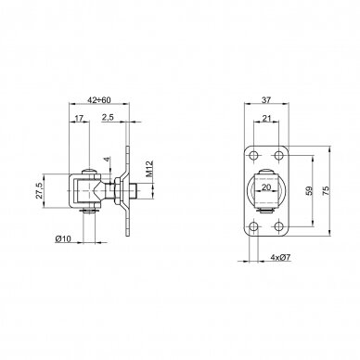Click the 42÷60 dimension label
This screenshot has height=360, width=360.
click(99, 100)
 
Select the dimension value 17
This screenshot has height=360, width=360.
click(79, 118)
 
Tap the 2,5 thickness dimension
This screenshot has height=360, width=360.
click(108, 117)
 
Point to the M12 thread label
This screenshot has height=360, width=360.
click(149, 169)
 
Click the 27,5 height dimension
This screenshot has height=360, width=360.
click(39, 190)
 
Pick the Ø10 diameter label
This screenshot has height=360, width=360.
click(63, 238)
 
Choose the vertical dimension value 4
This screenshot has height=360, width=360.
click(107, 159)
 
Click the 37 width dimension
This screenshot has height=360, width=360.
click(266, 100)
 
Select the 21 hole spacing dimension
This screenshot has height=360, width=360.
click(266, 118)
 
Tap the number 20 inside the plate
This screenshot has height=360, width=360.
click(266, 187)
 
